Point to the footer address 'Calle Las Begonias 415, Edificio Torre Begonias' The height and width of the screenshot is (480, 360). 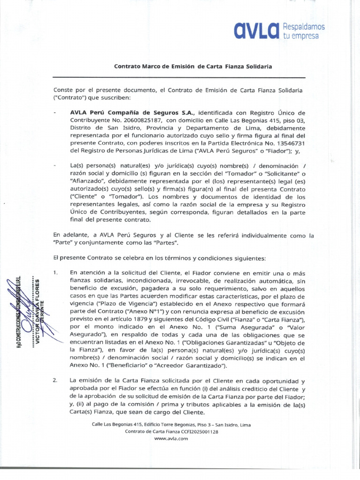pyautogui.click(x=141, y=425)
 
